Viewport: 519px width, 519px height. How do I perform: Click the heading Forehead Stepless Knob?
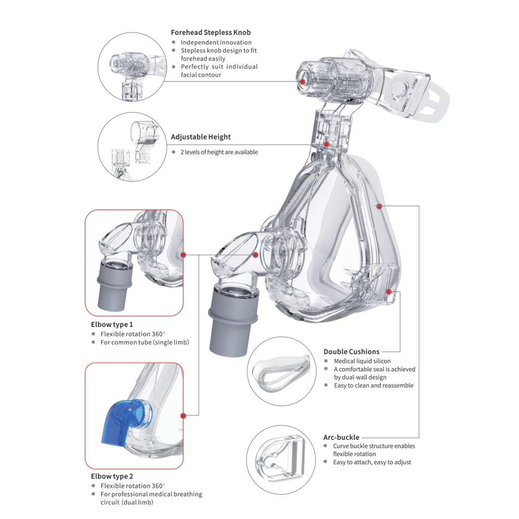click(211, 32)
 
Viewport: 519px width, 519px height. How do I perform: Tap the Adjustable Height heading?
click(201, 137)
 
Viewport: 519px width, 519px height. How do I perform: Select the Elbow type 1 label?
click(112, 324)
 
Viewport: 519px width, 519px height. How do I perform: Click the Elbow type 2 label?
click(112, 476)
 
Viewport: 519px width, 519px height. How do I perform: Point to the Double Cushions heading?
click(351, 351)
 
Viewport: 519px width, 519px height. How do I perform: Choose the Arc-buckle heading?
click(341, 437)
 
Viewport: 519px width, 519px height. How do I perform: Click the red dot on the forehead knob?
click(302, 81)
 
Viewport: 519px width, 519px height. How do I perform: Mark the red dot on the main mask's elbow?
click(256, 254)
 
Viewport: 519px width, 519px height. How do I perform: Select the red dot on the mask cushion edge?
click(379, 207)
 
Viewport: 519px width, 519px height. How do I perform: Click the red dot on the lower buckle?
click(389, 292)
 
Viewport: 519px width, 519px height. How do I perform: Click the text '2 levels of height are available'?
click(219, 152)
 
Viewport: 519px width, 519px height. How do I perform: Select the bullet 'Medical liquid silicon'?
click(362, 361)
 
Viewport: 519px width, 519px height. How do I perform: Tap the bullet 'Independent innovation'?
click(216, 43)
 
